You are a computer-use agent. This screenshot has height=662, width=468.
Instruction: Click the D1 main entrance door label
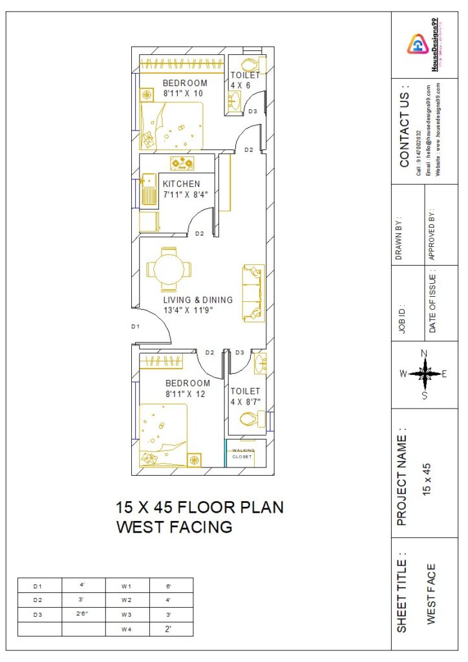coord(136,327)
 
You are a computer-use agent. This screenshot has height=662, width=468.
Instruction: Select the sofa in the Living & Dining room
coord(253,293)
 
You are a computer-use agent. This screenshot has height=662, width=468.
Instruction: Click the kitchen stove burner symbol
coord(182,163)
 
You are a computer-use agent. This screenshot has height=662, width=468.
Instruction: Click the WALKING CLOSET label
coord(244,453)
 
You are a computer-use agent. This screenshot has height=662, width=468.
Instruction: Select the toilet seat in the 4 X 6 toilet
coord(248,65)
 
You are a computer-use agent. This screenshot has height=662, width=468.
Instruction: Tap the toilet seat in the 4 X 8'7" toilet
coord(250,420)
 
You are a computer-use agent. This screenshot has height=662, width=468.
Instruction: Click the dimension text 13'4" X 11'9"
coord(187,310)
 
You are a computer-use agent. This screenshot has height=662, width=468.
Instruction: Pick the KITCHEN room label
coord(181,184)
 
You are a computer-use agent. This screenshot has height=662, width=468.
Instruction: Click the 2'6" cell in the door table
coord(83,614)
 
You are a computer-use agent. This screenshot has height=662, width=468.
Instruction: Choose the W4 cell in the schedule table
coord(127,629)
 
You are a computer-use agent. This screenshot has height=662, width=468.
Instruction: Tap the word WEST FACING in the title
coord(174,528)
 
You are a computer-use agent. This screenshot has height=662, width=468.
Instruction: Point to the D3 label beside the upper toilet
coord(253,112)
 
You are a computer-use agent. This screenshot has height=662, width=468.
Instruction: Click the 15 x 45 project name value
coord(427,478)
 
